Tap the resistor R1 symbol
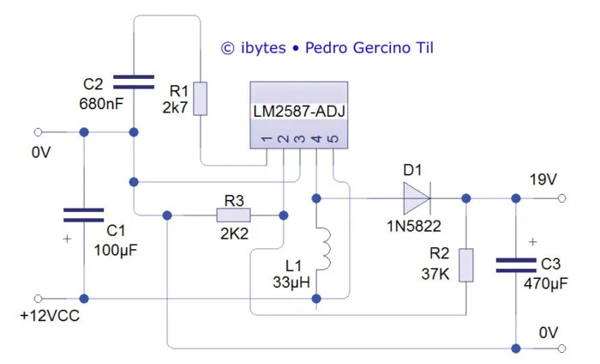(200, 98)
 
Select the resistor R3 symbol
(234, 215)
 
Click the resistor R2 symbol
(465, 264)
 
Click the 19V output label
(543, 179)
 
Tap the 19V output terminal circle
(563, 198)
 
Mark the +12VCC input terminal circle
(39, 299)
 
